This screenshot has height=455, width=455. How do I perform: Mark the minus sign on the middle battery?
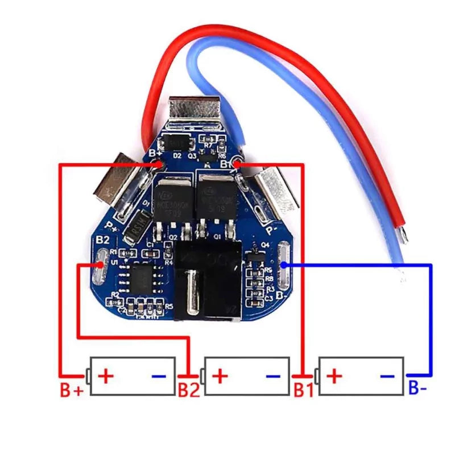(273, 376)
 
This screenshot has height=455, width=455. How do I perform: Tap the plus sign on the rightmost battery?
(336, 375)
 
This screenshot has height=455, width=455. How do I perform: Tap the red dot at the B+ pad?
(157, 164)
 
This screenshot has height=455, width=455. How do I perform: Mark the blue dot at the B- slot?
(284, 264)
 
